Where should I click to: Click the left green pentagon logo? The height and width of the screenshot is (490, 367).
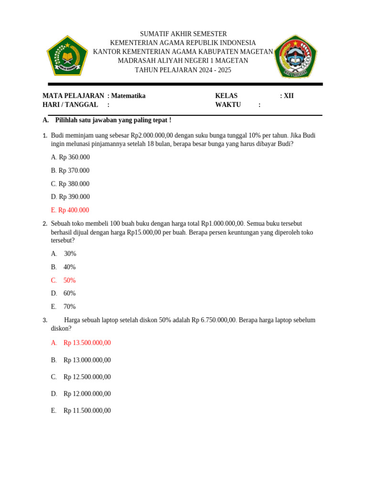pyautogui.click(x=67, y=56)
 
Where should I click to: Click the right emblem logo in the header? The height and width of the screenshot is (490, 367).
pyautogui.click(x=295, y=56)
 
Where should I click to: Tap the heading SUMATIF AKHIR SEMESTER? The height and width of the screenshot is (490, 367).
pyautogui.click(x=183, y=34)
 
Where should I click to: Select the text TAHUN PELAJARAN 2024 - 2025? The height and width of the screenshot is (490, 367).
pyautogui.click(x=183, y=70)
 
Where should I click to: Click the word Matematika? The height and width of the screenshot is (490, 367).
pyautogui.click(x=128, y=96)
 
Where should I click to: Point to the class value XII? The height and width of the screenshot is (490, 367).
pyautogui.click(x=289, y=96)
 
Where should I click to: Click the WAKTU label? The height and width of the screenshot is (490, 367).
pyautogui.click(x=228, y=105)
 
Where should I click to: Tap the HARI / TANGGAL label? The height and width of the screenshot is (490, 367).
pyautogui.click(x=70, y=105)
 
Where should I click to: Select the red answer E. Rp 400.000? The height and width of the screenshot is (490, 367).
pyautogui.click(x=70, y=210)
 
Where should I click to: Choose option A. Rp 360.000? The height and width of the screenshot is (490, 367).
pyautogui.click(x=70, y=157)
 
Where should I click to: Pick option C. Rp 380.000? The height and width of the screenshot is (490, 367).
pyautogui.click(x=70, y=184)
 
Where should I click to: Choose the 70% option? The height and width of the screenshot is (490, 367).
pyautogui.click(x=69, y=307)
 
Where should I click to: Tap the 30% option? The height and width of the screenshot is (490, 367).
pyautogui.click(x=70, y=254)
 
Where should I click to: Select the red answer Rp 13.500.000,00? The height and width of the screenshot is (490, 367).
pyautogui.click(x=87, y=343)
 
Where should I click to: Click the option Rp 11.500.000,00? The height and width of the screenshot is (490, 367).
pyautogui.click(x=87, y=411)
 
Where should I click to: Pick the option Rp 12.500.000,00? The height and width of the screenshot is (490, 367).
pyautogui.click(x=87, y=377)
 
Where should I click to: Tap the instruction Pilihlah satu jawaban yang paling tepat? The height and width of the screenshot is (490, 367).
pyautogui.click(x=113, y=120)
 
